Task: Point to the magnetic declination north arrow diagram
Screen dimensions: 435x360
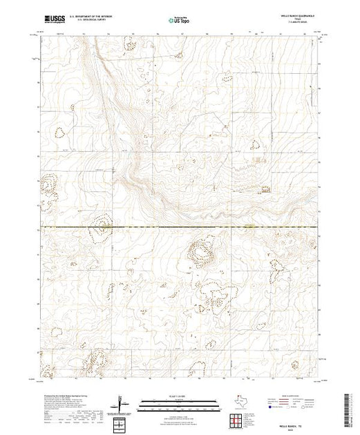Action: point(122,400)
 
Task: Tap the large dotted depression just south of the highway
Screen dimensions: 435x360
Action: point(201,255)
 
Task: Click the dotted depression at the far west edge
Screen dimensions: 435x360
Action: point(49,185)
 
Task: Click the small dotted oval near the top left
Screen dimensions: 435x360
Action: point(129,46)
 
